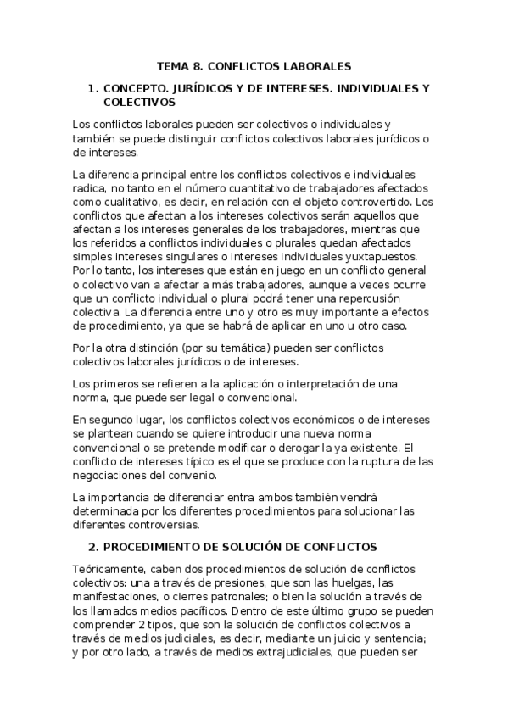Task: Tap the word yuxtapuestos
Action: pyautogui.click(x=379, y=256)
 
